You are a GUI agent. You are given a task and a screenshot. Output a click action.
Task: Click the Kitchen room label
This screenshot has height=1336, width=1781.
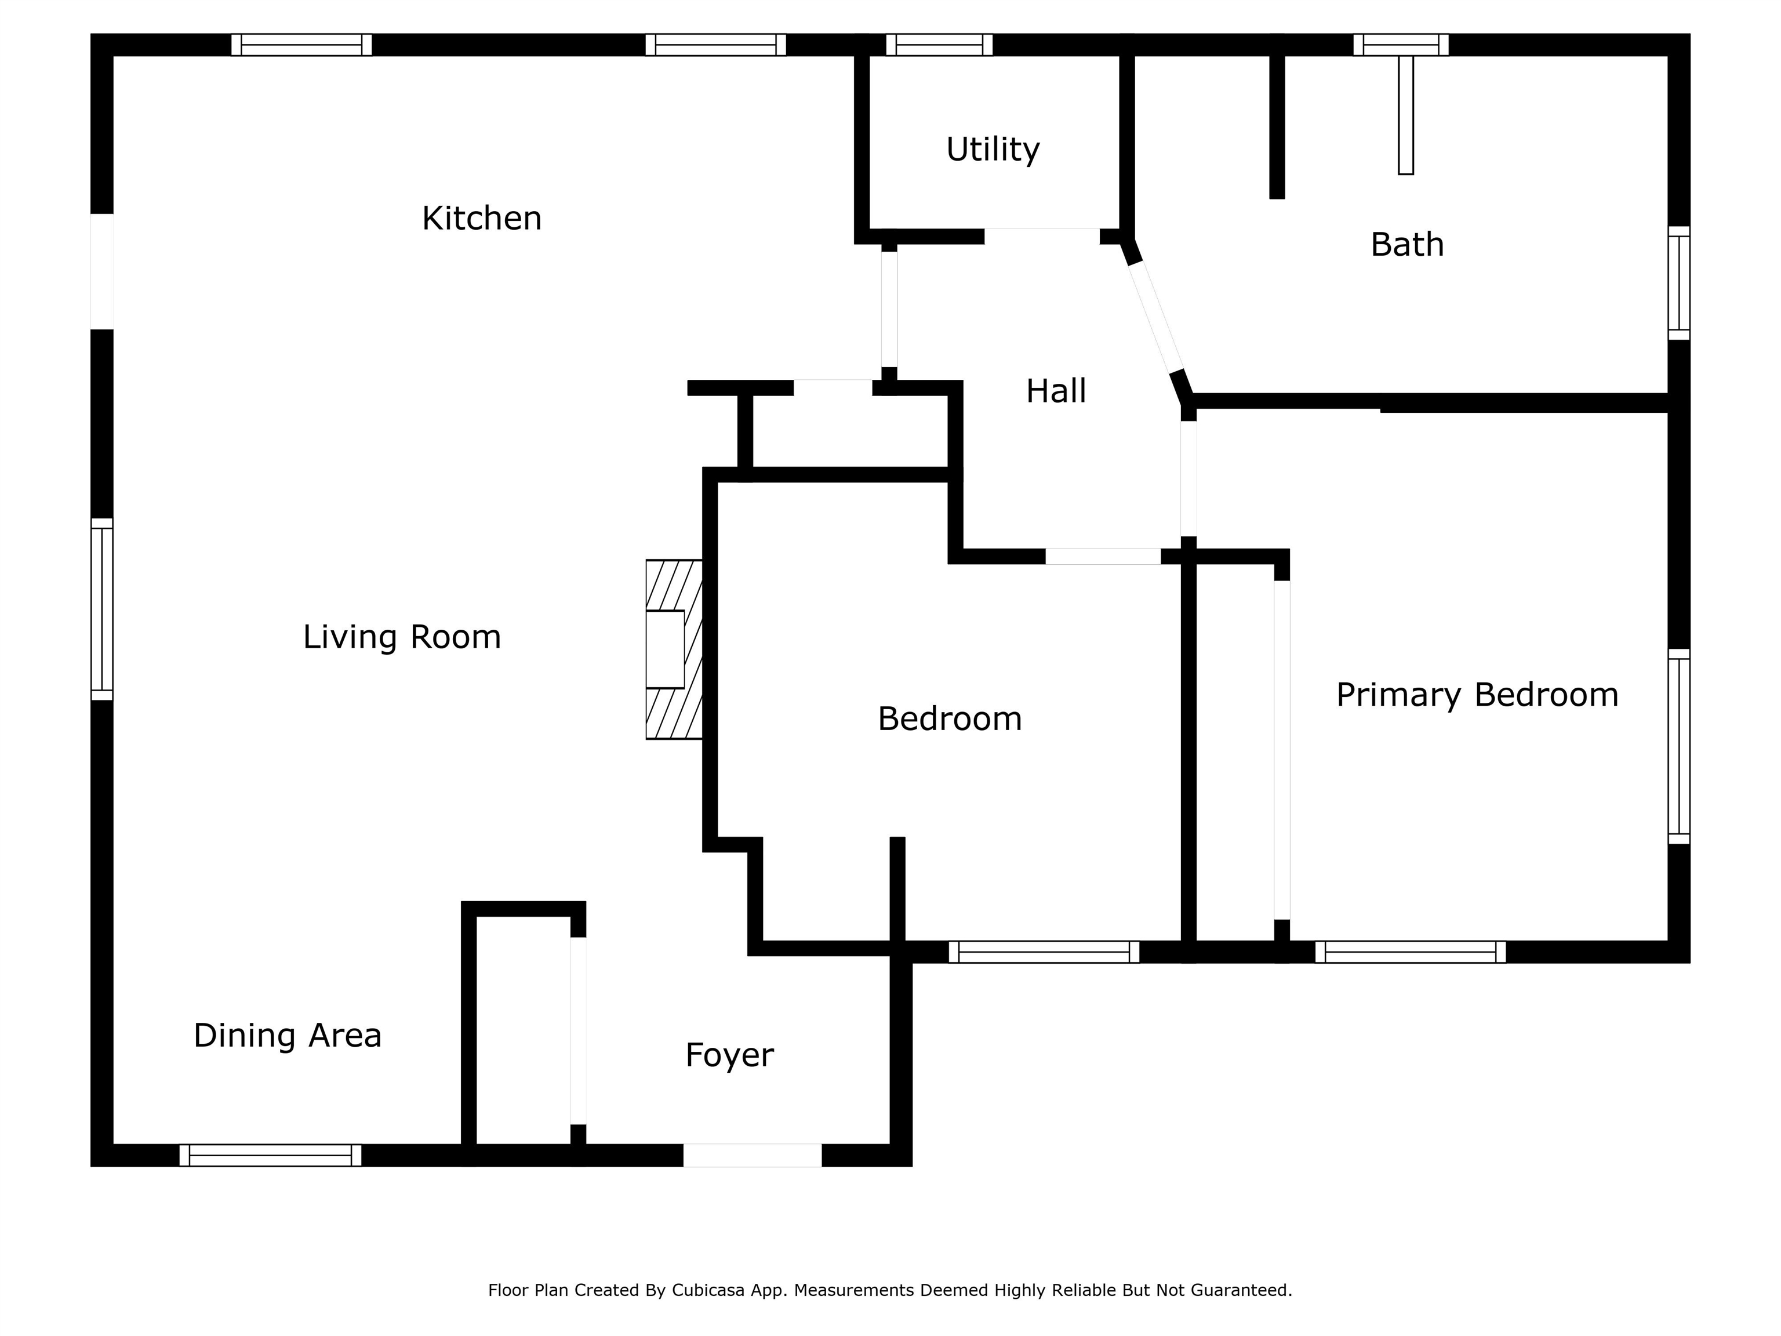point(481,218)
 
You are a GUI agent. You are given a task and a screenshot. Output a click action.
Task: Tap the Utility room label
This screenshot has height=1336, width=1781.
point(993,150)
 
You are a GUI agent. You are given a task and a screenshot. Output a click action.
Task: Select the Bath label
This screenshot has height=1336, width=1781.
point(1406,245)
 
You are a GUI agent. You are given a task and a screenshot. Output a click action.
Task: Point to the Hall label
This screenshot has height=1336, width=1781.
point(1056,391)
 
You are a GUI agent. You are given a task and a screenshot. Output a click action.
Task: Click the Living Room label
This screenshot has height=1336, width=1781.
point(402,637)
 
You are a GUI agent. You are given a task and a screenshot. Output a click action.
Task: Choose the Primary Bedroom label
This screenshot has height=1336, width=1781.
point(1477,695)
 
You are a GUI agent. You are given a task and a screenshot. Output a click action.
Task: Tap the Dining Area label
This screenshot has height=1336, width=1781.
point(288,1036)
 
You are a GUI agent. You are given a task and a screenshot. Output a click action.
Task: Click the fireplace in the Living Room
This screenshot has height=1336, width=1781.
point(674,649)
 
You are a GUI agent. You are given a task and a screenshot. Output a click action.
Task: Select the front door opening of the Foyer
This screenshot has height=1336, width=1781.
point(752,1155)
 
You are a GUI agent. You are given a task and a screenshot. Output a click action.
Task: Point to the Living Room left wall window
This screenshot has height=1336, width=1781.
point(101,609)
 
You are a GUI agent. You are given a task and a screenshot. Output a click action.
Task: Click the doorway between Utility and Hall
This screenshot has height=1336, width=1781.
point(1042,236)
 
